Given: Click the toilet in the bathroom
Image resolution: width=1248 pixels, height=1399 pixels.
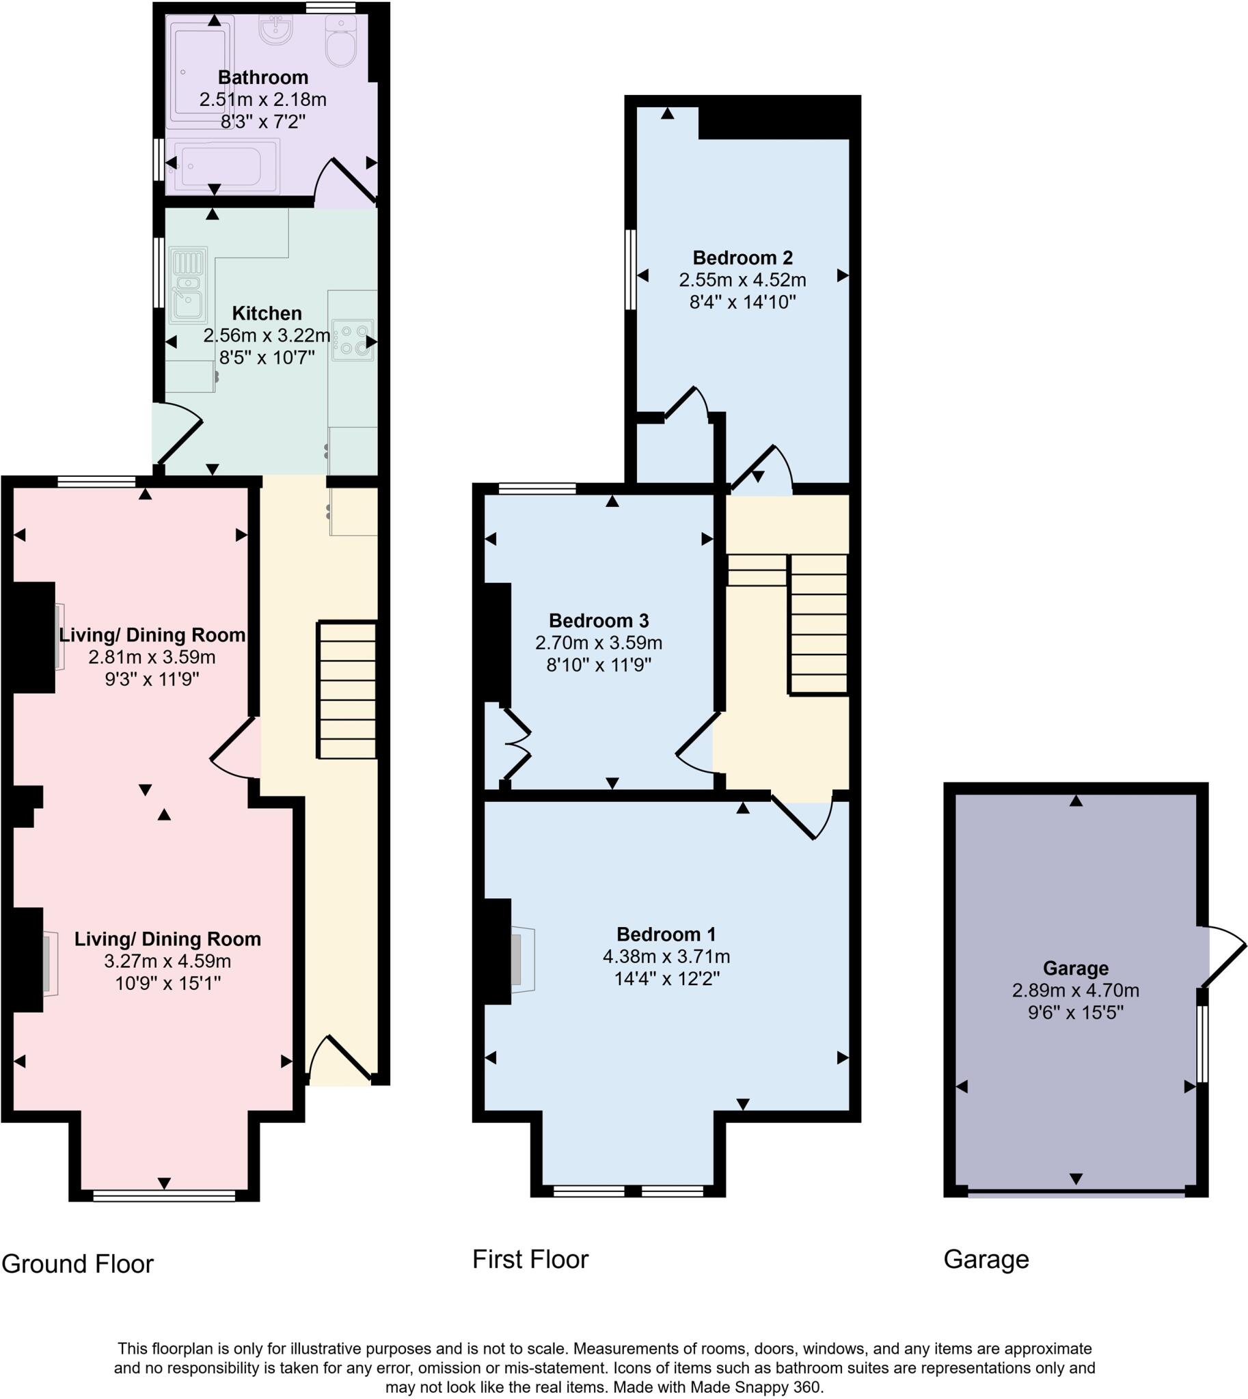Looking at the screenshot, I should coord(340,42).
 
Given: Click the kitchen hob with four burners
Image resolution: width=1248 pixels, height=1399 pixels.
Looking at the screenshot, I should coord(353,340).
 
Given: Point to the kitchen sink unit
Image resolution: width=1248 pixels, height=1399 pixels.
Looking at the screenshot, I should coord(187,284).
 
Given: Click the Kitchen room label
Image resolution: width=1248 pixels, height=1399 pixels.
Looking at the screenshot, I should coord(267,314).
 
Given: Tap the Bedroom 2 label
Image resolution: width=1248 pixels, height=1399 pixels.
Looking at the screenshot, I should coord(742,258).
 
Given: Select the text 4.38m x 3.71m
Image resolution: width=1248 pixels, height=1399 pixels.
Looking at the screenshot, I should coord(666,956).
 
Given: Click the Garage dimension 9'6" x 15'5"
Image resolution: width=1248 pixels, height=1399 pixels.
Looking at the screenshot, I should coord(1075,1012).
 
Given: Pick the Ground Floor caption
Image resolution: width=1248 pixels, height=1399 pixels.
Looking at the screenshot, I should coord(77,1264).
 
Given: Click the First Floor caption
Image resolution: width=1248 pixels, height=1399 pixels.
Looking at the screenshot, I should coord(530,1259).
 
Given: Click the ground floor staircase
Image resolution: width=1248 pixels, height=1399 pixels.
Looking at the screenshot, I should coord(347,689).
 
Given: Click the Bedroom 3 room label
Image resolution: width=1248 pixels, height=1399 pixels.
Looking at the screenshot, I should coord(598,620).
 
